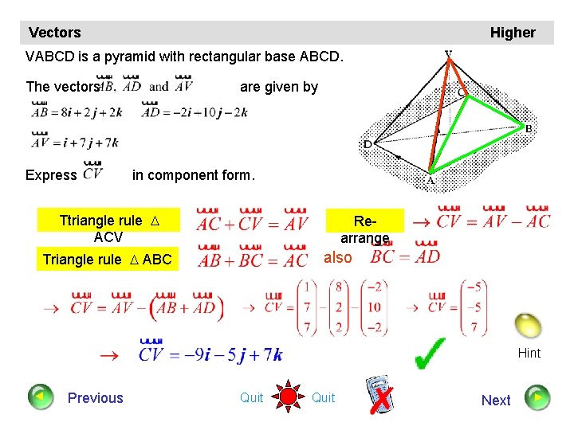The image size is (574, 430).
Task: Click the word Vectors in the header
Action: pos(54,33)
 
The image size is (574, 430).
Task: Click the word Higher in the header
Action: pos(513,33)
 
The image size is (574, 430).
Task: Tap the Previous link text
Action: pos(96,398)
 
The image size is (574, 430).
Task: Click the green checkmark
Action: pos(431,354)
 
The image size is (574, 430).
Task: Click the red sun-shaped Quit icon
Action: pos(288,397)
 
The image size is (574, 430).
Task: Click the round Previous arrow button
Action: pos(39,397)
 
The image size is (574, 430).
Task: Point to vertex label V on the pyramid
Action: pos(449,56)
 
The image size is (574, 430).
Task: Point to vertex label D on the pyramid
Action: pos(368,145)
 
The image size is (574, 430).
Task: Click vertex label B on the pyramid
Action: pos(528,128)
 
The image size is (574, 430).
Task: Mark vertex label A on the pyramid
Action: pos(431,181)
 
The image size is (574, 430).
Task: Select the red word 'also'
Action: pos(337,257)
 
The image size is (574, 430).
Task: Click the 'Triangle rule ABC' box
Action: pos(107,260)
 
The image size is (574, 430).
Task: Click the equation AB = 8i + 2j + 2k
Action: pos(77,112)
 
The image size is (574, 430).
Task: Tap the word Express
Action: pos(52,175)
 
